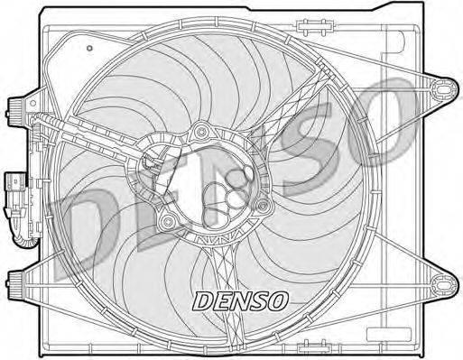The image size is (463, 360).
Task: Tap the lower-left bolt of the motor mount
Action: pos(165,221)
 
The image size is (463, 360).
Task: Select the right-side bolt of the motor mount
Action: pos(262,207)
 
